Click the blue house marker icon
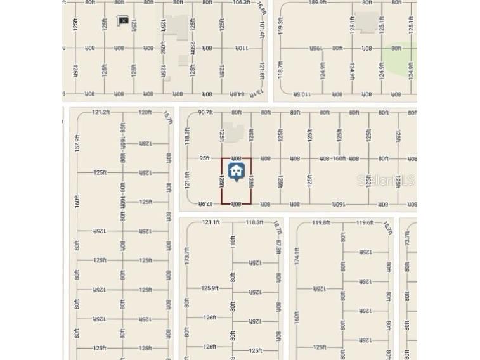(237, 171)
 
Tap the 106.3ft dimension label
(241, 3)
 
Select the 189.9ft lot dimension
(318, 3)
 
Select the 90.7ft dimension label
(205, 113)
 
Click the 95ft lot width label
(204, 158)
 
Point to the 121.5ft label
(187, 180)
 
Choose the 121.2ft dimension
(101, 112)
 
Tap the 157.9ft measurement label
(77, 142)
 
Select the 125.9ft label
(210, 288)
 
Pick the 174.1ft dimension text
(297, 255)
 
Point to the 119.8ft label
(321, 222)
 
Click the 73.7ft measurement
(407, 239)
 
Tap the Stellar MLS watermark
(386, 181)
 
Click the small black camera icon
(123, 21)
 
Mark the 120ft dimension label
(145, 112)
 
